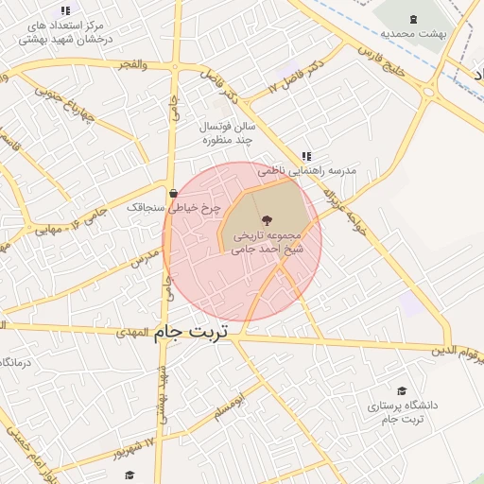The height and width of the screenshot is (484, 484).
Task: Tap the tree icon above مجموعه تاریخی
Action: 263,218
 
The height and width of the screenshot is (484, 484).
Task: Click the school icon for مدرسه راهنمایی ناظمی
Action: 305,156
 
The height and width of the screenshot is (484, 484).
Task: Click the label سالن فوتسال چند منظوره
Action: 222,132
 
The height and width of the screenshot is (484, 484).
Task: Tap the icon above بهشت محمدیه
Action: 412,19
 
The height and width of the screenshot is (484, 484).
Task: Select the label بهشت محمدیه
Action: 412,33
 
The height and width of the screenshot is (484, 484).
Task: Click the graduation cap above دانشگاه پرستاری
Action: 401,390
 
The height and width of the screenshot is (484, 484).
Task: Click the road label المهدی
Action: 133,333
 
